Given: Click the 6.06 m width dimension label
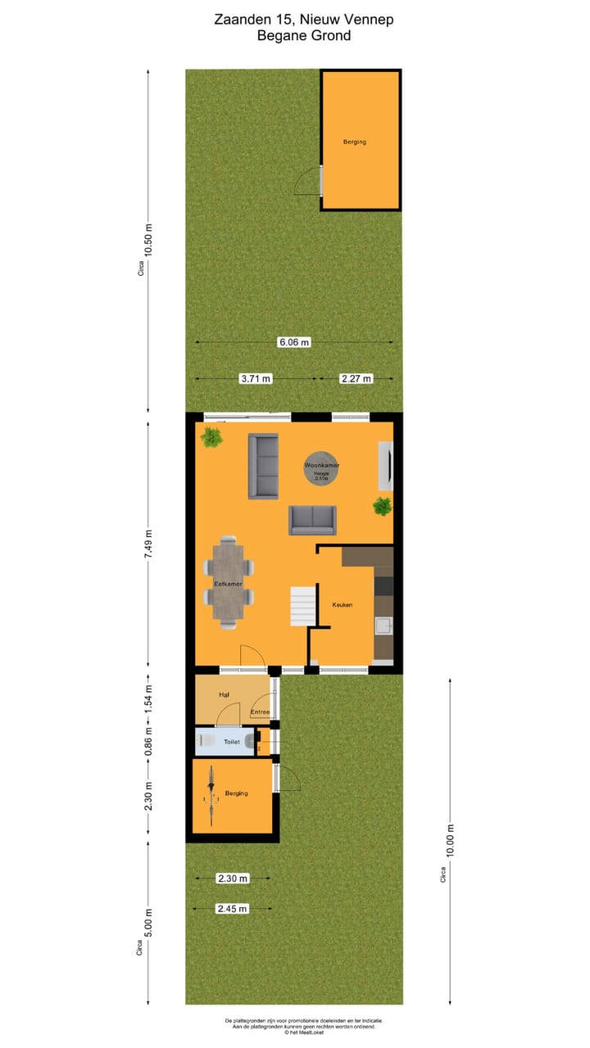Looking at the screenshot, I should [293, 342].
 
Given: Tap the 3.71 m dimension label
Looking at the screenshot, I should [255, 378].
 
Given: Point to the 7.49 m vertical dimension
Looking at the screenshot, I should [148, 544].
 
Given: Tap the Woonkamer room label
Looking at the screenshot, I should [321, 465].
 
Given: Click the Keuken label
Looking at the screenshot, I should [342, 604].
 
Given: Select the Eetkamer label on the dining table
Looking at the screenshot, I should [228, 584].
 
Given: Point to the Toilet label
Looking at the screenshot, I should [232, 742].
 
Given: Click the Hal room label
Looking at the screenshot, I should [224, 694].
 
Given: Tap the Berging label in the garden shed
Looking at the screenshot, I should [355, 142].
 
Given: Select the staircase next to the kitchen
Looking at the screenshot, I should [302, 606].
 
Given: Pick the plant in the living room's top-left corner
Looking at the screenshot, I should [212, 436].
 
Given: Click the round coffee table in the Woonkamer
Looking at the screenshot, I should [321, 468].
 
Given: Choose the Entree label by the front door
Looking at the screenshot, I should [261, 711].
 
